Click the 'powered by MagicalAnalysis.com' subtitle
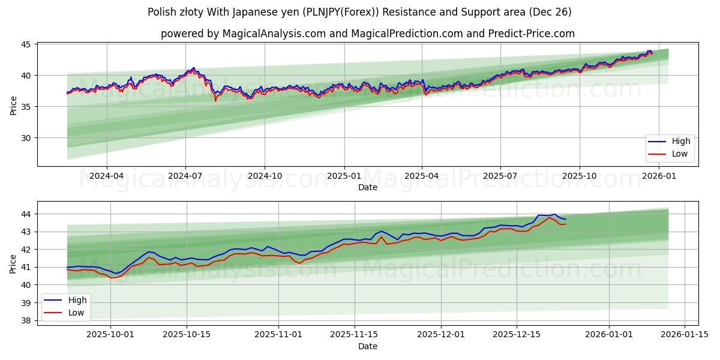[x=367, y=34]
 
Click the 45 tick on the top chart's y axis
[x=27, y=44]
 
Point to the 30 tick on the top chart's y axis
[x=27, y=138]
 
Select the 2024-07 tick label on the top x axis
[x=185, y=176]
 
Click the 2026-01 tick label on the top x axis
[x=659, y=176]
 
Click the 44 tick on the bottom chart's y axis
[x=27, y=214]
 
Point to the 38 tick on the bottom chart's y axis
[x=27, y=320]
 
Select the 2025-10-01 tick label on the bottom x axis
[x=110, y=335]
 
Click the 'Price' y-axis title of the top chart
[x=13, y=105]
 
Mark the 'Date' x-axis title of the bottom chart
[x=367, y=346]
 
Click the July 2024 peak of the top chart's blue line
[x=193, y=68]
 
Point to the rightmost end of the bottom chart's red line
[x=566, y=224]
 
